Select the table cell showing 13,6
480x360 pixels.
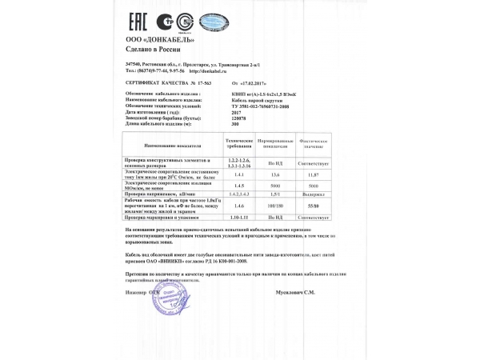tap(275, 174)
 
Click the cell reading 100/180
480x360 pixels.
tap(275, 206)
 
